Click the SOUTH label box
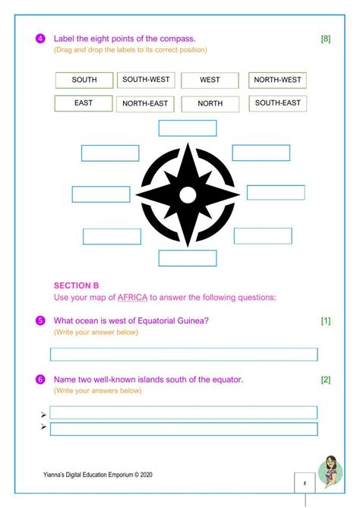[84, 80]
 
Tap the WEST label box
[210, 80]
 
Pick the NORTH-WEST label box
[277, 80]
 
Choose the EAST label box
[84, 103]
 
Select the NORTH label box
[210, 104]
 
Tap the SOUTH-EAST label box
[277, 103]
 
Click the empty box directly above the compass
[188, 128]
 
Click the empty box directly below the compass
[188, 258]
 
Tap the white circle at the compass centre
[188, 194]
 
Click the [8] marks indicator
[325, 39]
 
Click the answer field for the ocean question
[184, 355]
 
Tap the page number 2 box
[305, 482]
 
